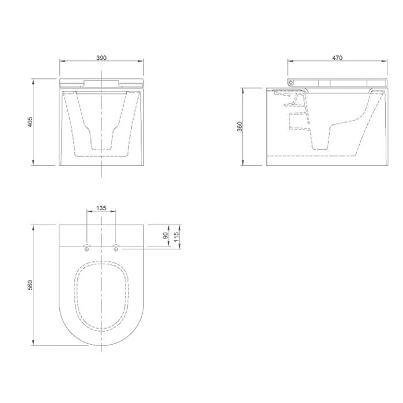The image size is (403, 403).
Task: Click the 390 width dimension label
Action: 101,58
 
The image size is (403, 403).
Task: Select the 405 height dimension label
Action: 30,122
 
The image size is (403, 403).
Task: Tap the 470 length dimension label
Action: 337,58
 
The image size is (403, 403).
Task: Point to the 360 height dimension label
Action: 239,127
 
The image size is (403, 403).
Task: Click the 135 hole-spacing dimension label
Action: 101,208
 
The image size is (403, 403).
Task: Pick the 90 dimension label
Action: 166,235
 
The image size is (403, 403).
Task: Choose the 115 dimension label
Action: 176,237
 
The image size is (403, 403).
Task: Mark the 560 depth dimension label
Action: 30,286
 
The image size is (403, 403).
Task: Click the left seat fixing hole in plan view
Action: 87,248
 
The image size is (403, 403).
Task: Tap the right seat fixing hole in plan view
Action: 116,248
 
